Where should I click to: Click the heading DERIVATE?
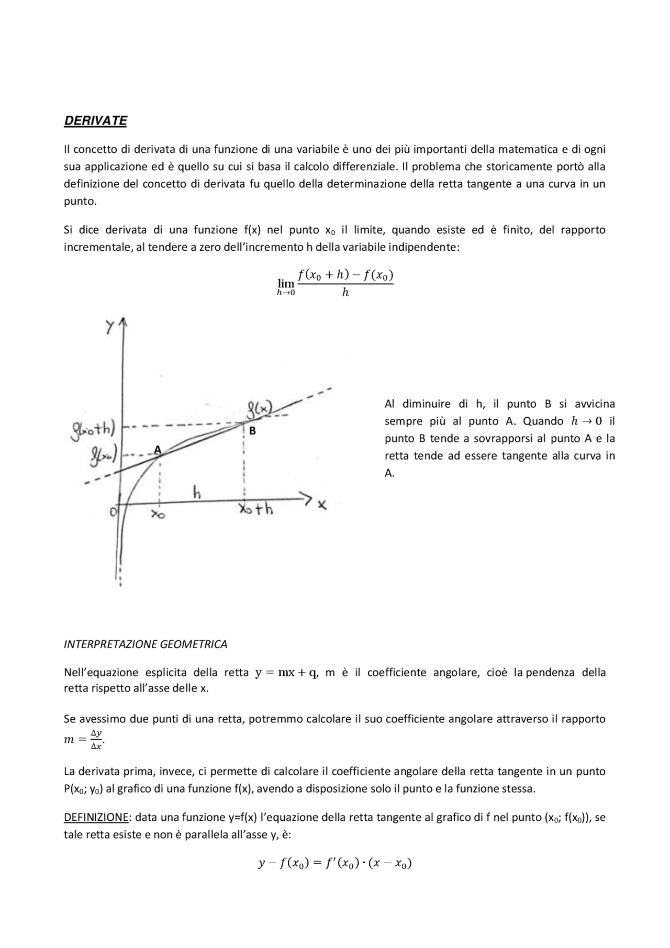click(x=95, y=121)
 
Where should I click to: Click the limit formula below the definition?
click(x=335, y=283)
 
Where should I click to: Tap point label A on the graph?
click(x=157, y=450)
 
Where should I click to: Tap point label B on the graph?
click(x=252, y=431)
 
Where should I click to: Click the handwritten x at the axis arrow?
click(x=322, y=505)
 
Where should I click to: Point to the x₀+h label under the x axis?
click(x=256, y=509)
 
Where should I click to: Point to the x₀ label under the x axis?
click(x=158, y=515)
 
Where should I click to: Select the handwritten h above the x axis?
click(x=197, y=493)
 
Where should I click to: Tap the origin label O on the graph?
click(x=113, y=512)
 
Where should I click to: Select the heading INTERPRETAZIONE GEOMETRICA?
click(x=146, y=644)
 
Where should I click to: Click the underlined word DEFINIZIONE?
click(x=96, y=818)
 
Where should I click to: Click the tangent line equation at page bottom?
click(x=335, y=863)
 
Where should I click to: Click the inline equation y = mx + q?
click(x=286, y=673)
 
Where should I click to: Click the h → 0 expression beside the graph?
click(x=585, y=421)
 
